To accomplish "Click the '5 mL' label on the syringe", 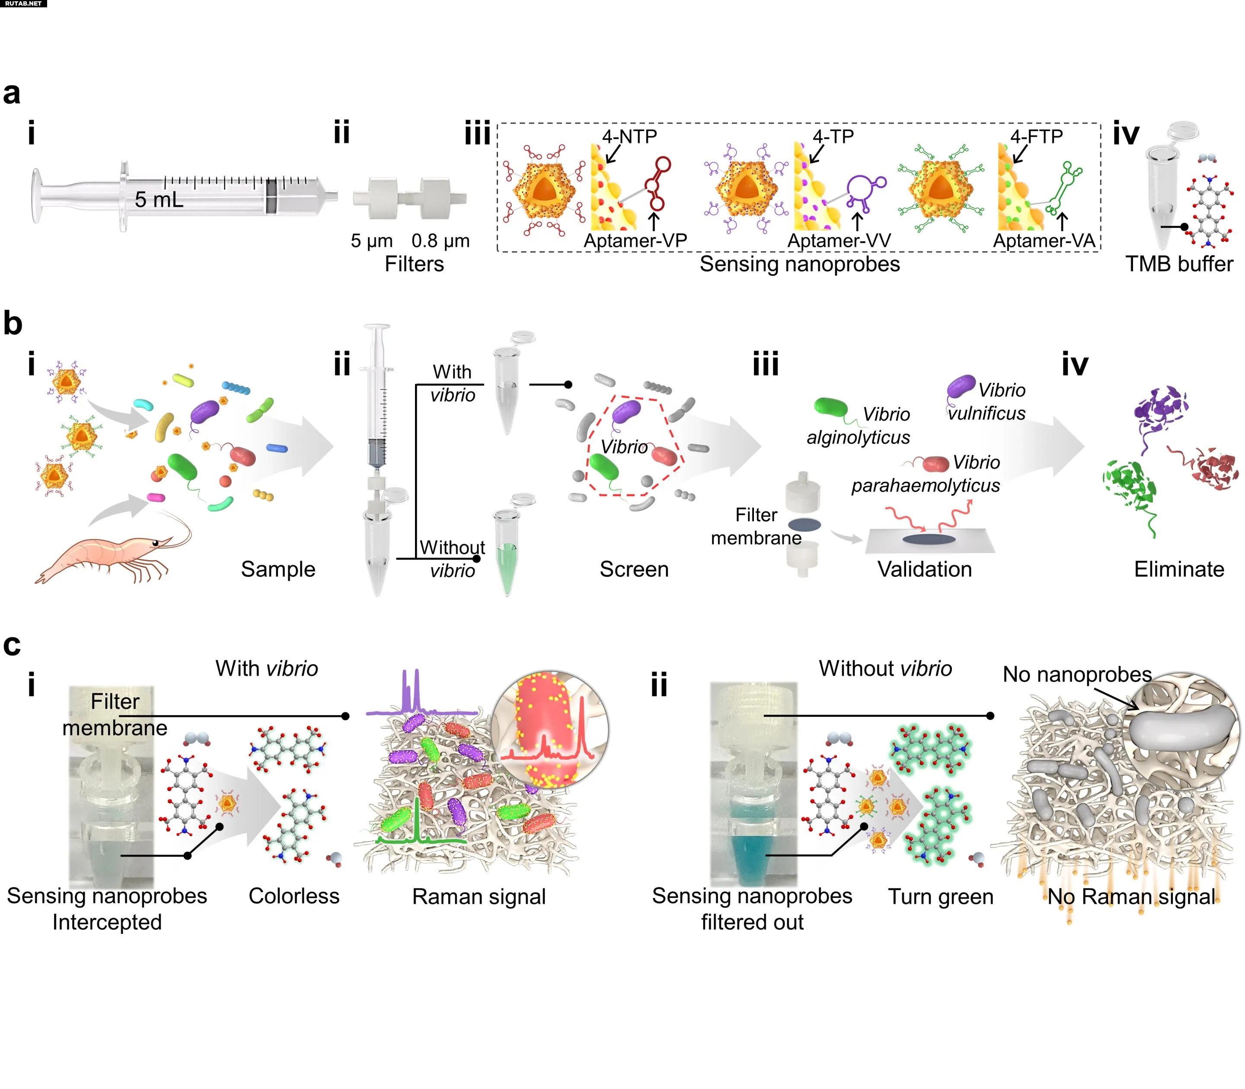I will tap(159, 199).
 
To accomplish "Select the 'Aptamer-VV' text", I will tap(839, 241).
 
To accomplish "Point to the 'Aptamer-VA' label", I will tap(1044, 241).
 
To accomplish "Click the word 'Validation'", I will tap(924, 570).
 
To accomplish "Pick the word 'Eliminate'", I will tap(1179, 570).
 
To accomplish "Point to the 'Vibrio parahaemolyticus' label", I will tap(926, 474).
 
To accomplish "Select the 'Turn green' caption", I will tap(940, 896).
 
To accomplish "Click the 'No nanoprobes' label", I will tap(1076, 674).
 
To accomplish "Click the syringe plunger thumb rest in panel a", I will tap(36, 196).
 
